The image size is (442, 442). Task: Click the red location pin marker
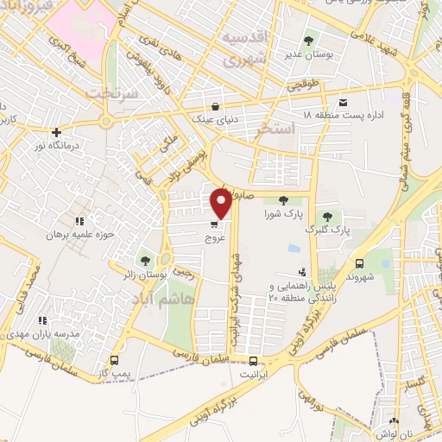(221, 203)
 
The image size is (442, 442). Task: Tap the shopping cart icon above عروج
(213, 224)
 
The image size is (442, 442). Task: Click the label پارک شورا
(284, 213)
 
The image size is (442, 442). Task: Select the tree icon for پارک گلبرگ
(327, 217)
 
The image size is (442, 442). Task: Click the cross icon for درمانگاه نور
(57, 133)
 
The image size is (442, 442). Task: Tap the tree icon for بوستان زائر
(144, 260)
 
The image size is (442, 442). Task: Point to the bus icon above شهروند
(359, 263)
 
